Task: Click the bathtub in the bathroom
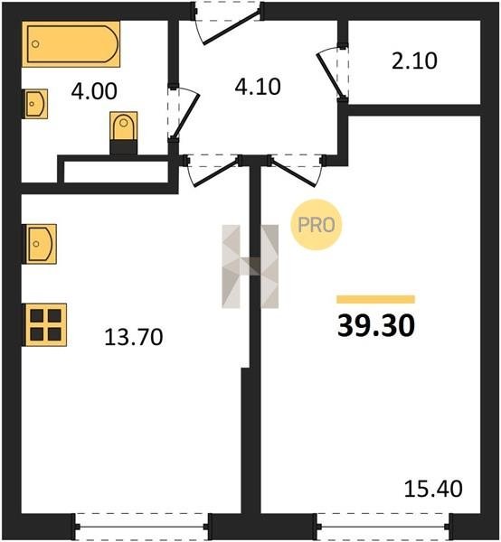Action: click(71, 44)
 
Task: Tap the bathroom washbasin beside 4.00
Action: click(35, 104)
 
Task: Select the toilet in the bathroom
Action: click(124, 133)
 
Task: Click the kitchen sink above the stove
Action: click(40, 244)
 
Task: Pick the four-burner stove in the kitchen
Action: click(44, 324)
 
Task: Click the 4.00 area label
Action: click(94, 91)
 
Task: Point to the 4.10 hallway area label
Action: click(258, 87)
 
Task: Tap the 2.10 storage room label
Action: click(414, 61)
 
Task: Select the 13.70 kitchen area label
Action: click(134, 337)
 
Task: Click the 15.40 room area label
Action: click(433, 489)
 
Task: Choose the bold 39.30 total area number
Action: click(376, 326)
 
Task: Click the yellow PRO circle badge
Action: click(317, 225)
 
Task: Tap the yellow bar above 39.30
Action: click(376, 299)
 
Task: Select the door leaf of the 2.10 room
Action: click(331, 75)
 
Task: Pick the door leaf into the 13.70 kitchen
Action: click(216, 173)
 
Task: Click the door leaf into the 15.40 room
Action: click(293, 173)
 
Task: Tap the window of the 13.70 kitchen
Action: click(141, 527)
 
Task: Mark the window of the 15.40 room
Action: click(384, 527)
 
